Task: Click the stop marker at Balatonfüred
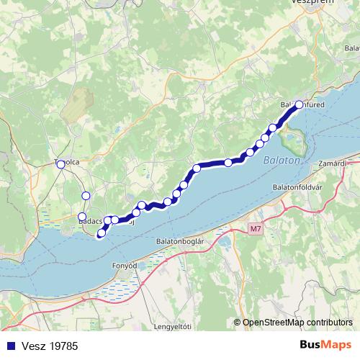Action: coord(299,105)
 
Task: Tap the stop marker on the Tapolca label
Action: coord(60,163)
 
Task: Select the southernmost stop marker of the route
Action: coord(101,233)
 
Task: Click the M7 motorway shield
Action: coord(256,229)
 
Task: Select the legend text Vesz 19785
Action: coord(50,346)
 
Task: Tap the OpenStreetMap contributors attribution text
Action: coord(297,322)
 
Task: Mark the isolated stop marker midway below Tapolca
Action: coord(86,196)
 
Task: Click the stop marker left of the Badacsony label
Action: coord(81,217)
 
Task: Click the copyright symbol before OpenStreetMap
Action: coord(238,322)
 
